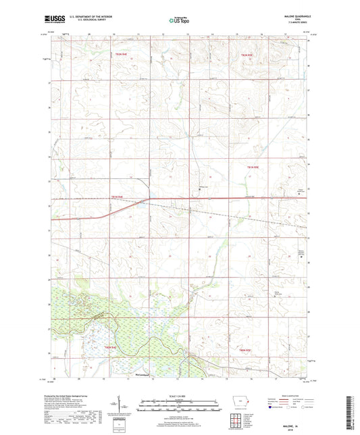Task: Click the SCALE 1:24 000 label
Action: (x=180, y=396)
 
